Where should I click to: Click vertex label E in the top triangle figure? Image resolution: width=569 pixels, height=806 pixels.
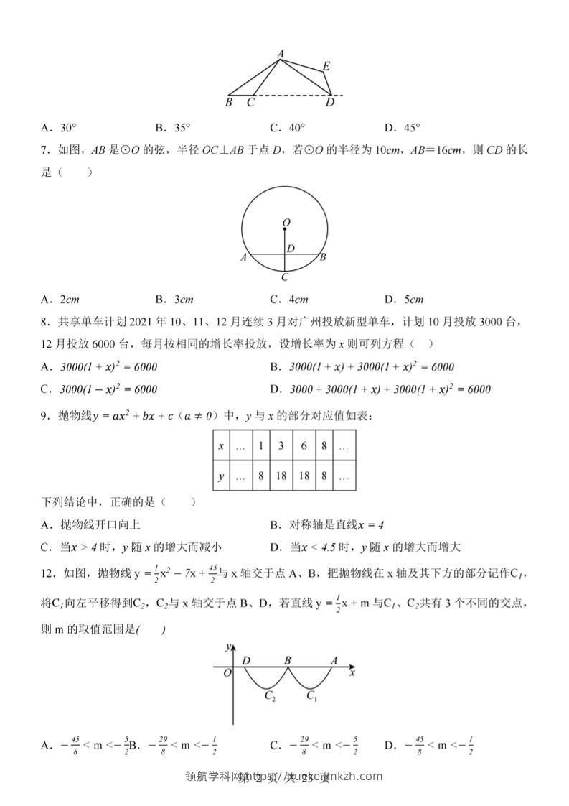pyautogui.click(x=326, y=67)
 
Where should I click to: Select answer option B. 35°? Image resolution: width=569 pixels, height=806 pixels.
pyautogui.click(x=173, y=128)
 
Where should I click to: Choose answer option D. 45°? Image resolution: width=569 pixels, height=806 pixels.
pyautogui.click(x=402, y=128)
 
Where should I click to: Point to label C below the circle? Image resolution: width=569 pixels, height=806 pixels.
pyautogui.click(x=285, y=277)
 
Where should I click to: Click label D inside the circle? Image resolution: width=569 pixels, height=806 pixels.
pyautogui.click(x=291, y=249)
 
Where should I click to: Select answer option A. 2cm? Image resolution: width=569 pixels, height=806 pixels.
pyautogui.click(x=60, y=300)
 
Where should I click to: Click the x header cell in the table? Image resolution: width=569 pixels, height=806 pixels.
pyautogui.click(x=220, y=446)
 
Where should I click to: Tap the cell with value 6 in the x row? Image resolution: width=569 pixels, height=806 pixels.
pyautogui.click(x=304, y=446)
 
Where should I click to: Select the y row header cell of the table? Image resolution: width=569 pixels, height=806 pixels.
pyautogui.click(x=220, y=476)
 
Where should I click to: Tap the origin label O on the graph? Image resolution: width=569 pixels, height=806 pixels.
pyautogui.click(x=227, y=673)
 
